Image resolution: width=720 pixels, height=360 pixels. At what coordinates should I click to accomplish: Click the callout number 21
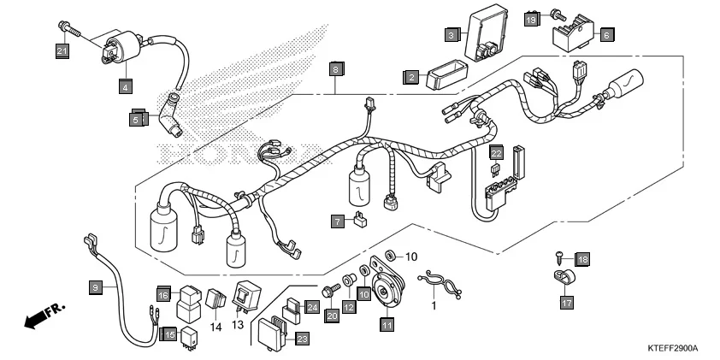(62, 53)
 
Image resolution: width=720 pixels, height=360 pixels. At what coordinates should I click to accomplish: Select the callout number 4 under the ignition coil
(125, 86)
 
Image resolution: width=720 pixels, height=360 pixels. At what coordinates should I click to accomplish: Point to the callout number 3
(451, 35)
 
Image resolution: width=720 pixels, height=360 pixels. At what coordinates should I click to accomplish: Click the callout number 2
(410, 78)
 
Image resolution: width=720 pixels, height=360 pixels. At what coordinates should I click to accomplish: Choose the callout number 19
(531, 19)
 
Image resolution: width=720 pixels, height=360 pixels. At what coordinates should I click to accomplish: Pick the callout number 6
(605, 36)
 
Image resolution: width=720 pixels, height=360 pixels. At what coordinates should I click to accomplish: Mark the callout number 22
(495, 152)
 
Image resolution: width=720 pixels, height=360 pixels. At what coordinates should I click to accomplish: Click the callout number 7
(339, 221)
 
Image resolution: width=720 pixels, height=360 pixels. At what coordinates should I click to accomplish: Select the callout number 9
(96, 287)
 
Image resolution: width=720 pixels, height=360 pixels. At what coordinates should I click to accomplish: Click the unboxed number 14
(215, 327)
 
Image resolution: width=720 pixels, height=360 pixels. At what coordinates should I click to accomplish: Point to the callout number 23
(301, 339)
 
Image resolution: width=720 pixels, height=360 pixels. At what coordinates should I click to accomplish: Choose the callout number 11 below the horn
(387, 324)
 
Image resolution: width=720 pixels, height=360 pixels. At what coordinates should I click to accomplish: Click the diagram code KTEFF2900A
(673, 349)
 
